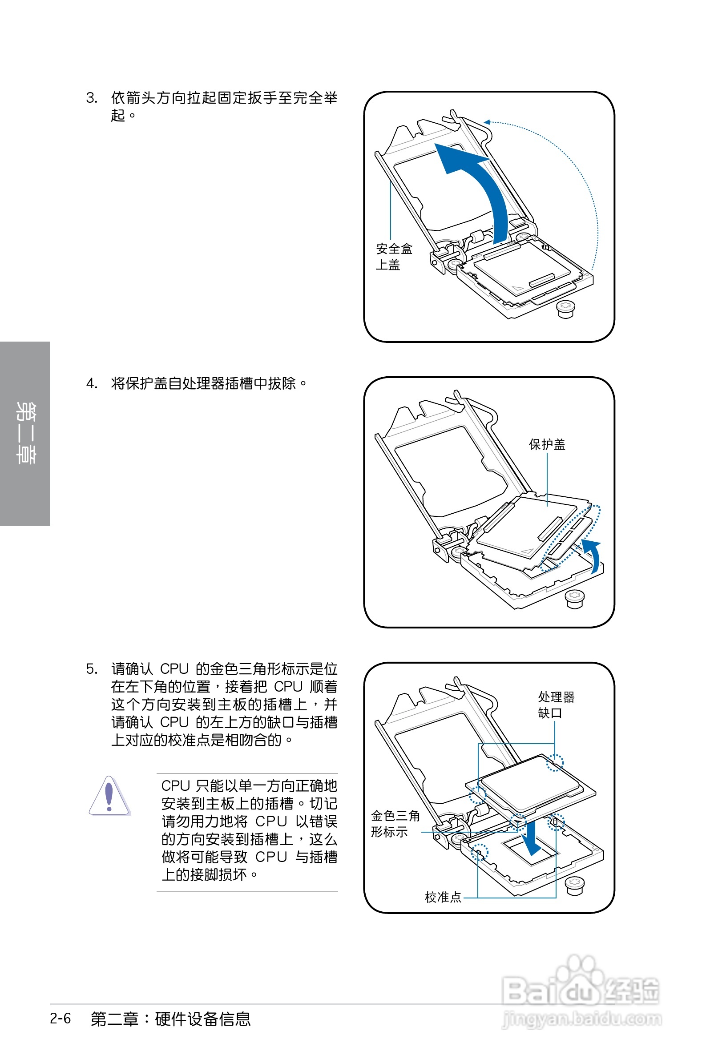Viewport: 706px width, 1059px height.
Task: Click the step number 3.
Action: click(x=91, y=98)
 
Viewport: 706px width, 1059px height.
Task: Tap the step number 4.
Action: click(x=91, y=383)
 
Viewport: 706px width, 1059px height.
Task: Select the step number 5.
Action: click(x=91, y=669)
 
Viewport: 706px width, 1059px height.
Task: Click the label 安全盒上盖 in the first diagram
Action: click(x=394, y=257)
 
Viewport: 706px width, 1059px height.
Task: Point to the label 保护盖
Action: click(x=547, y=445)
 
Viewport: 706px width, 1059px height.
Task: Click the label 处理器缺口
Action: click(x=556, y=705)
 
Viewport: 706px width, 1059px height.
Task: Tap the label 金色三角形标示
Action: click(x=395, y=823)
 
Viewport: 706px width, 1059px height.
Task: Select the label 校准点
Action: click(x=443, y=898)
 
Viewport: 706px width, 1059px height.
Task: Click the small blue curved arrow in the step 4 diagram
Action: click(x=594, y=555)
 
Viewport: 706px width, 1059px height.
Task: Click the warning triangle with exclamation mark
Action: click(x=109, y=796)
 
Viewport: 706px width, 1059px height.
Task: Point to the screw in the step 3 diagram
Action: click(x=566, y=309)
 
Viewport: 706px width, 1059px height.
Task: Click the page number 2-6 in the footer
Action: click(x=61, y=1019)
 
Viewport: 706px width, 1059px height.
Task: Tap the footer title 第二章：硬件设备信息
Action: click(x=170, y=1019)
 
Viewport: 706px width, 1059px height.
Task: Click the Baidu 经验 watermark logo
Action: click(x=581, y=986)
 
